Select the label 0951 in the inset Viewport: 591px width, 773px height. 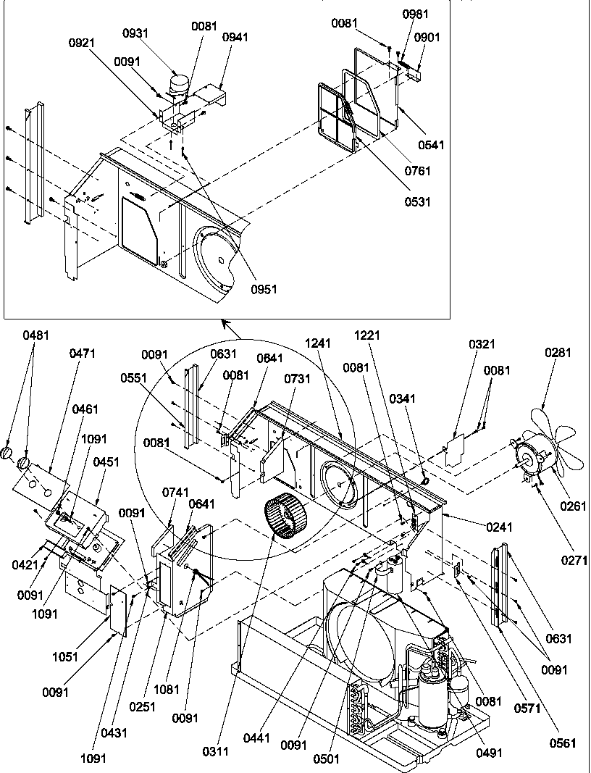[x=265, y=289]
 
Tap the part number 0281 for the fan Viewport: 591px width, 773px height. [x=558, y=353]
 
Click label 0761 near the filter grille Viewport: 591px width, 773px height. [x=418, y=171]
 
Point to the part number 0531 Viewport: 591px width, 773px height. [x=418, y=201]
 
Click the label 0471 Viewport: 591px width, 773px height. [x=83, y=353]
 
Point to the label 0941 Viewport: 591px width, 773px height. [x=234, y=37]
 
